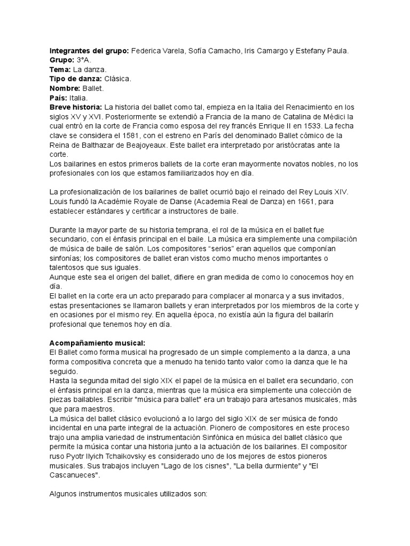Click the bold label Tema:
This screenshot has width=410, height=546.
(x=60, y=70)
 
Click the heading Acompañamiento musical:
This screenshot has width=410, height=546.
(x=97, y=343)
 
